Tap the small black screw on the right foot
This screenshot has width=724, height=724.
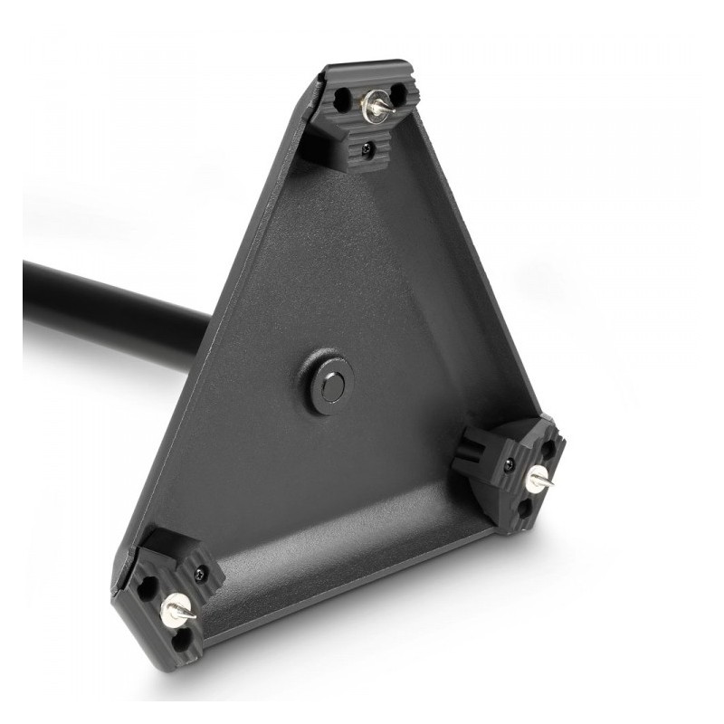tap(510, 463)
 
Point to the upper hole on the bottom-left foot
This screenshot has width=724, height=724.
tap(148, 589)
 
